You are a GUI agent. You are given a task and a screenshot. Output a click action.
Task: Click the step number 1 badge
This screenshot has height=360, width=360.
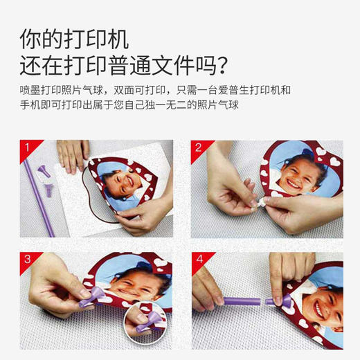pos(25,147)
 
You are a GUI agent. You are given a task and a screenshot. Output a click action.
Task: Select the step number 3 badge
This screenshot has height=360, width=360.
pos(25,260)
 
